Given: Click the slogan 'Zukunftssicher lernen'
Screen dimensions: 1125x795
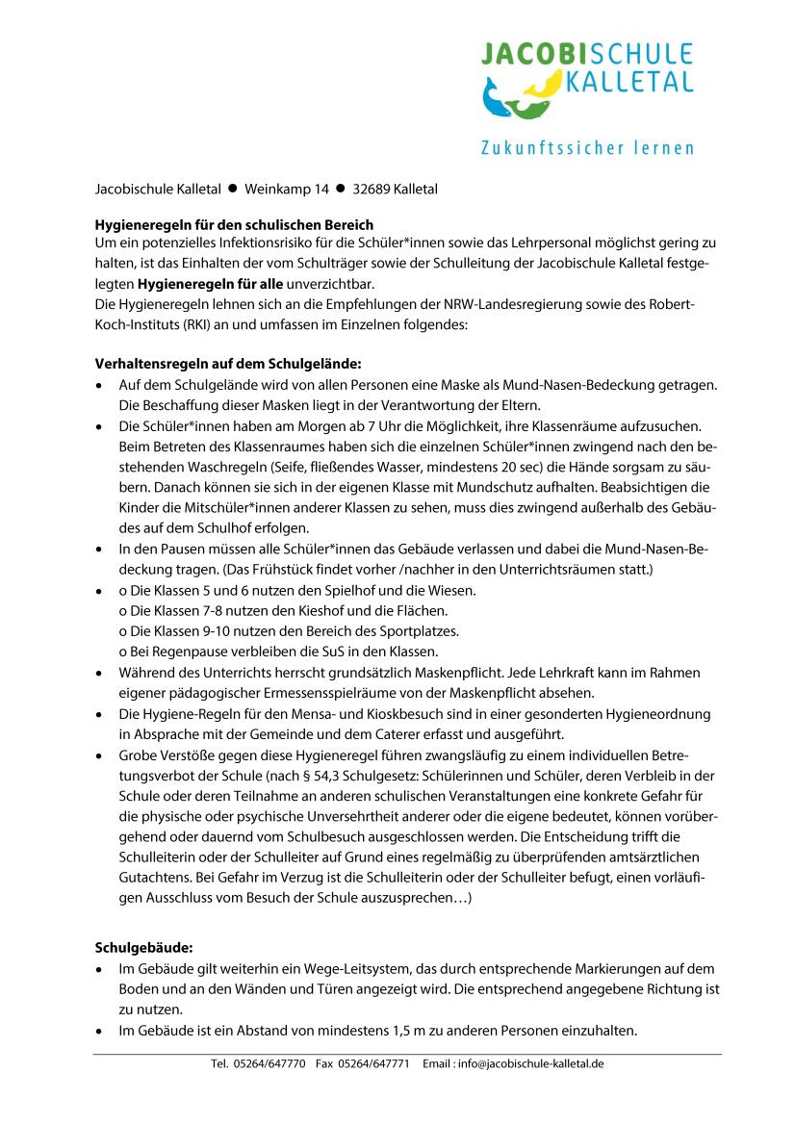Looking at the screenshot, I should click(587, 147).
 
